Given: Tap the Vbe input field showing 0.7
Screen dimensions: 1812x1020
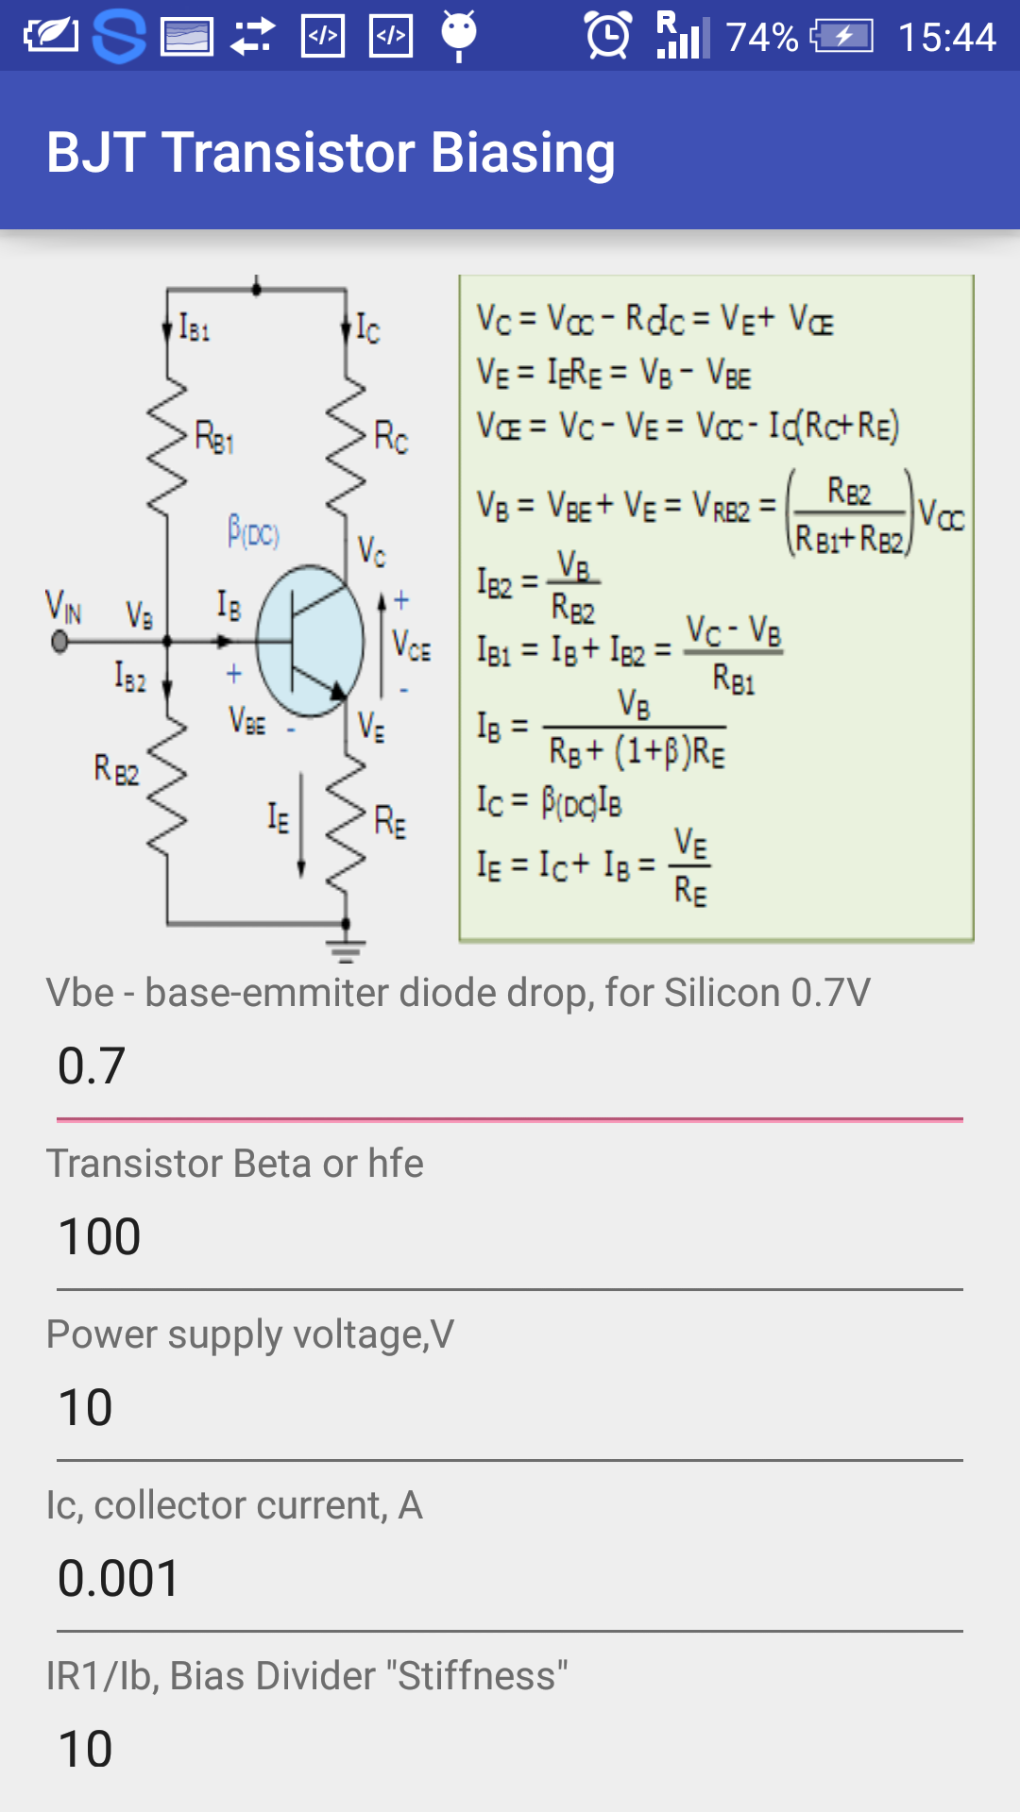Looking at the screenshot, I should click(510, 1067).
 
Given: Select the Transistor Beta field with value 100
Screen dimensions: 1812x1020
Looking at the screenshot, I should click(510, 1237).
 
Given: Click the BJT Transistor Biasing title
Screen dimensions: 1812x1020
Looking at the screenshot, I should click(331, 153).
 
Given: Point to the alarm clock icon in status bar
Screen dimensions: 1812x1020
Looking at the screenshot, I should click(607, 36).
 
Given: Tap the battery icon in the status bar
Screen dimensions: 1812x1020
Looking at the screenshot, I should click(842, 37).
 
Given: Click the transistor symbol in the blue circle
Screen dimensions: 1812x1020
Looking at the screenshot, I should click(310, 641).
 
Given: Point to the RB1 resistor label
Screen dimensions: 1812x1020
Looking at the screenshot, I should click(213, 438).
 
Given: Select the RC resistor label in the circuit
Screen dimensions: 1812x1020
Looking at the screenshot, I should click(390, 438).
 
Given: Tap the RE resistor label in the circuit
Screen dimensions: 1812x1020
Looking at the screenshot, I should click(390, 822).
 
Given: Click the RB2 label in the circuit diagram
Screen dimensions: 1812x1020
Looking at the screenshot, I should click(116, 769).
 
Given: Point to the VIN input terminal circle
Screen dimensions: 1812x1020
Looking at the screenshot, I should click(59, 642).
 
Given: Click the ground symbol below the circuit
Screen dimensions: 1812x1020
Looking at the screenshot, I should click(346, 949).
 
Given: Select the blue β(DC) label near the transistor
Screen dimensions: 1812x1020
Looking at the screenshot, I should click(253, 532).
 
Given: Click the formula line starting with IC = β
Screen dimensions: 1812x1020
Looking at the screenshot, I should click(549, 801).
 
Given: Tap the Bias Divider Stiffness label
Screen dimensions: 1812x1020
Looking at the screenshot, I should click(307, 1676).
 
